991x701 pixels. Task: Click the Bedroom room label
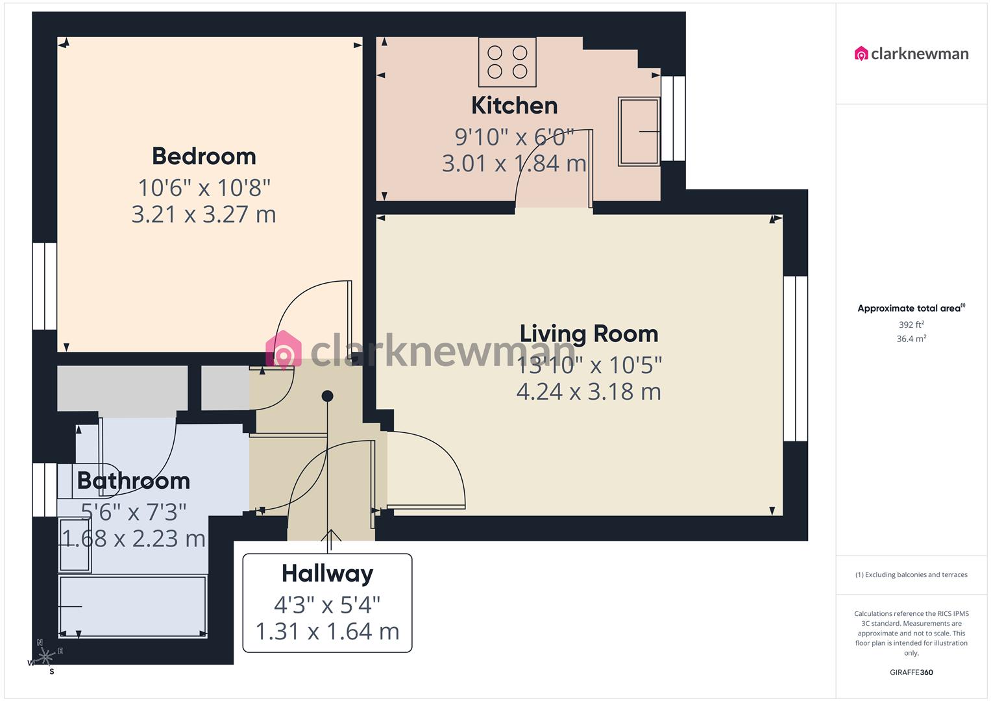pyautogui.click(x=204, y=156)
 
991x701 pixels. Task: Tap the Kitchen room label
pyautogui.click(x=514, y=105)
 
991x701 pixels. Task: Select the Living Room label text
pyautogui.click(x=589, y=334)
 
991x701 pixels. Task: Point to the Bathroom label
pyautogui.click(x=133, y=481)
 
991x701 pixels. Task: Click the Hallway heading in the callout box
pyautogui.click(x=327, y=574)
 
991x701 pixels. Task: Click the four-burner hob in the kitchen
pyautogui.click(x=508, y=62)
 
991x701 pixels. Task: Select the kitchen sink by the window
pyautogui.click(x=639, y=131)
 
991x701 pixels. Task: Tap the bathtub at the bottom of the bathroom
pyautogui.click(x=132, y=606)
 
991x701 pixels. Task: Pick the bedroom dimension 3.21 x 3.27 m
pyautogui.click(x=204, y=214)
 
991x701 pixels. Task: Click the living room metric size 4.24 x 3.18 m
pyautogui.click(x=589, y=391)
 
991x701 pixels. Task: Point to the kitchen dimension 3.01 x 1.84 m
pyautogui.click(x=514, y=163)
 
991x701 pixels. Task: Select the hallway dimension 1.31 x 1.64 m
pyautogui.click(x=327, y=631)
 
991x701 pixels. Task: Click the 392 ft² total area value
pyautogui.click(x=911, y=325)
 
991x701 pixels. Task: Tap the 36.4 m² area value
pyautogui.click(x=911, y=339)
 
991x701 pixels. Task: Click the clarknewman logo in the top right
pyautogui.click(x=911, y=54)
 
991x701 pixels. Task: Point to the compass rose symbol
pyautogui.click(x=45, y=657)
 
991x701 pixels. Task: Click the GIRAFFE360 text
pyautogui.click(x=911, y=672)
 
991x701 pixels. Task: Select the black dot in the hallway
pyautogui.click(x=328, y=396)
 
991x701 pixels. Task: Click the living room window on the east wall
pyautogui.click(x=795, y=359)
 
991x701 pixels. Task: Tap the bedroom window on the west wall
pyautogui.click(x=45, y=286)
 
